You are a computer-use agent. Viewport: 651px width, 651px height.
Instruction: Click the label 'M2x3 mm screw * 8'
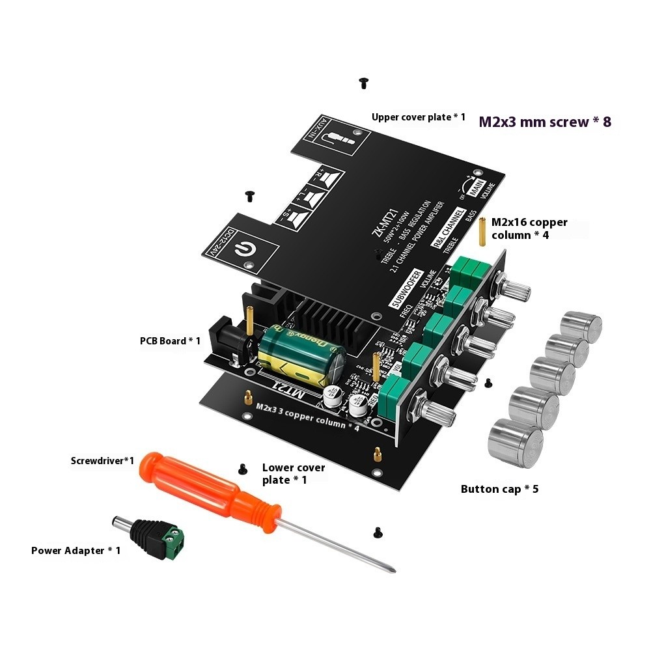coord(545,122)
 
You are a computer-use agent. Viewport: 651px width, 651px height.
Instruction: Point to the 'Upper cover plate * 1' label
coord(419,117)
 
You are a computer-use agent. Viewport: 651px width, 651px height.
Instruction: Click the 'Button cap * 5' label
coord(499,489)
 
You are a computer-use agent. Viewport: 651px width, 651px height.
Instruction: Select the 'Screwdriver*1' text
coord(102,461)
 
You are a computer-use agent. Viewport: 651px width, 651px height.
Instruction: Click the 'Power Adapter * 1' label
coord(76,551)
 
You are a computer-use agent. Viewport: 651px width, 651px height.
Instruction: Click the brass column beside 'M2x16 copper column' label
coord(483,231)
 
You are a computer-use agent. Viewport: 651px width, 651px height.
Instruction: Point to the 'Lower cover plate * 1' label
coord(294,473)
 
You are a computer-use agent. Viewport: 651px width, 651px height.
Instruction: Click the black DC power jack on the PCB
coord(234,339)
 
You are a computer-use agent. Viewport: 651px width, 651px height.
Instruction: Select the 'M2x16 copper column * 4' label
coord(529,229)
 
